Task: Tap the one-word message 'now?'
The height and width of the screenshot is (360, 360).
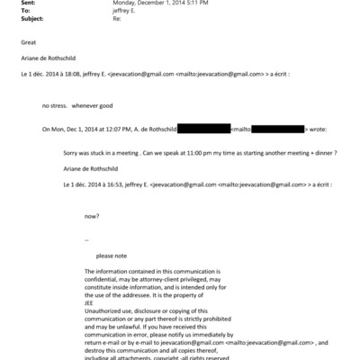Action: pos(91,216)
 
